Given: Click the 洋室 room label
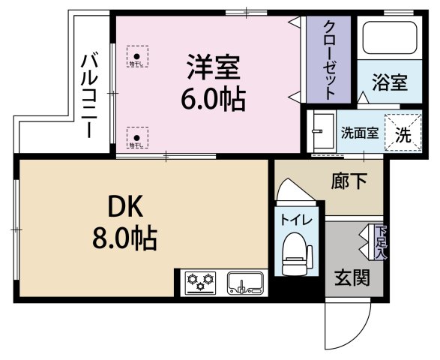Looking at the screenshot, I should [213, 68].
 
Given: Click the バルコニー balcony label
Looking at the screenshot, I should [89, 94].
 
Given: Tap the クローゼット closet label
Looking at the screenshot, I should [329, 58].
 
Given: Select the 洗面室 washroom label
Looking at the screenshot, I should [359, 134].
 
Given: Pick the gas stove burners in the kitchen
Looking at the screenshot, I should [202, 283].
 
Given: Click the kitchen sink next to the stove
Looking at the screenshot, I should [244, 283].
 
